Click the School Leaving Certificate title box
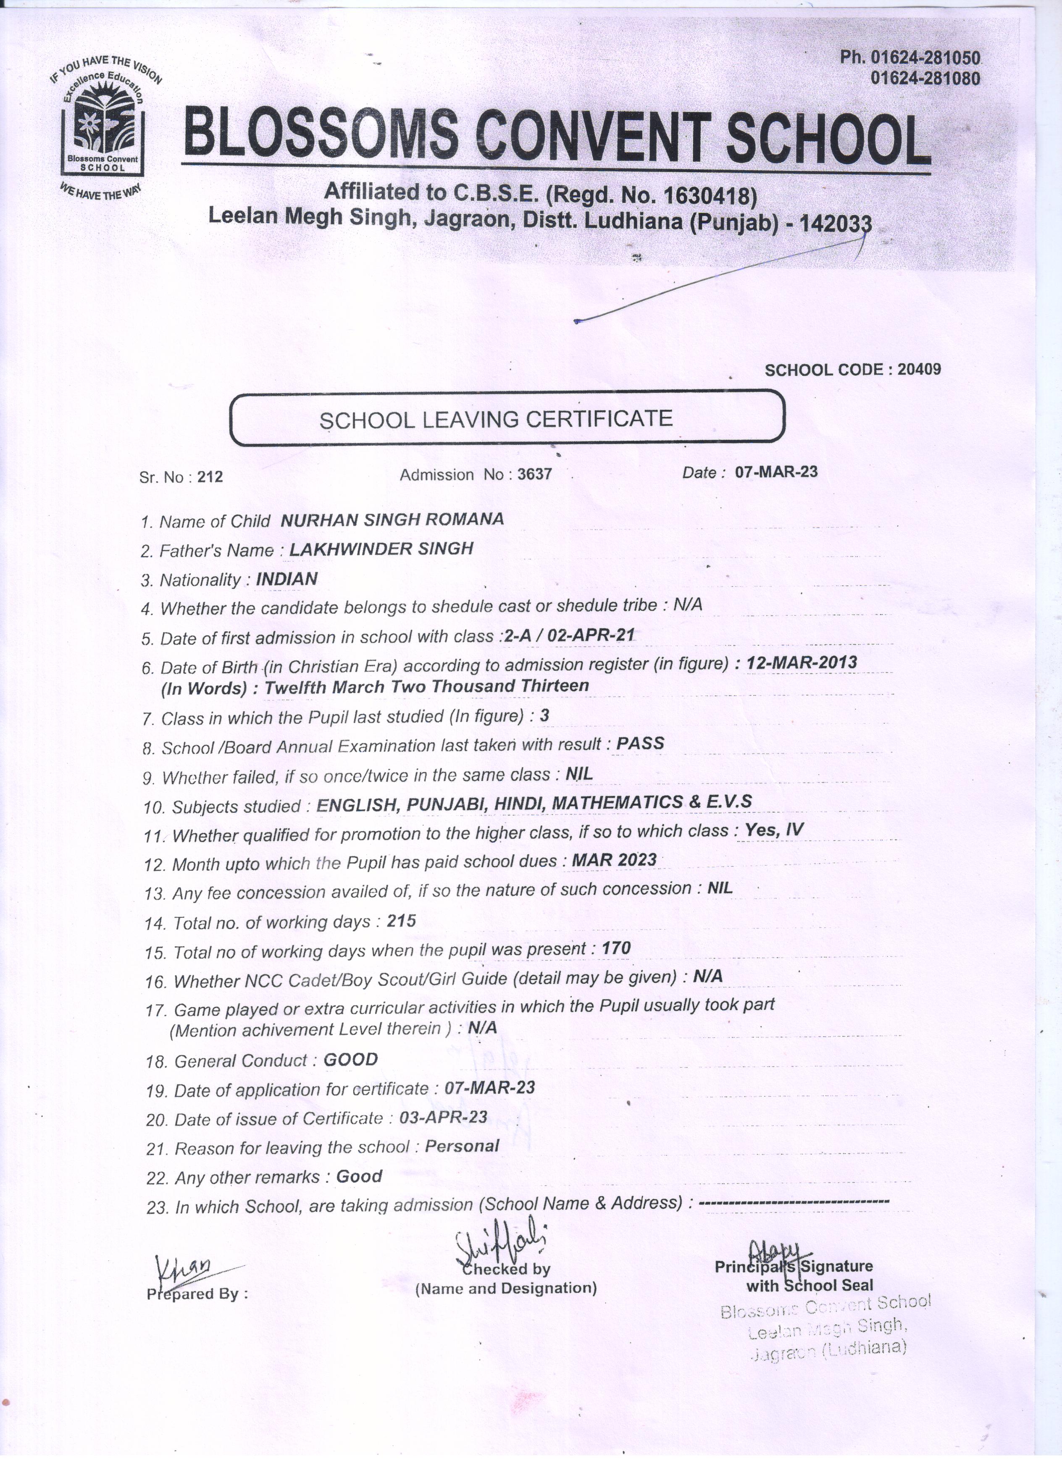[x=507, y=419]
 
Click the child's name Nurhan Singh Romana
[x=392, y=520]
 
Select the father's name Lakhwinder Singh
[x=381, y=549]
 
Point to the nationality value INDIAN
[x=287, y=579]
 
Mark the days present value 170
[x=616, y=949]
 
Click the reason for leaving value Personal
[x=461, y=1146]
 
